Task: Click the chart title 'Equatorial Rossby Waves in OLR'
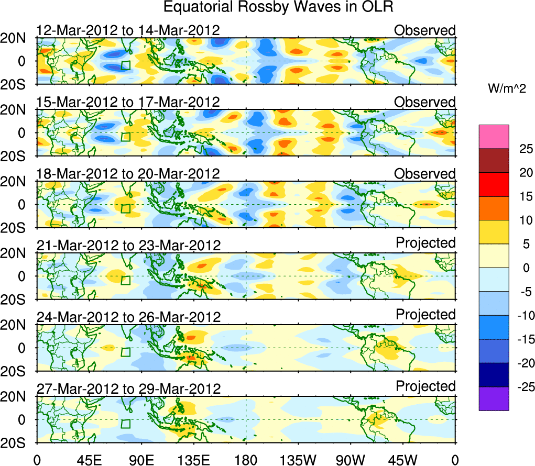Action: (x=278, y=8)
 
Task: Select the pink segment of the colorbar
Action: (x=494, y=137)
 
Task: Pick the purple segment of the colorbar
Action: (x=494, y=398)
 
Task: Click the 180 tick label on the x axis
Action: (x=246, y=460)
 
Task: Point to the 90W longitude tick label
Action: (x=351, y=460)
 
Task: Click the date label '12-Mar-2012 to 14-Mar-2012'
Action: (x=128, y=30)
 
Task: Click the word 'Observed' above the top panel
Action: (x=425, y=30)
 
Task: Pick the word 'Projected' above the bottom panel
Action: (x=425, y=386)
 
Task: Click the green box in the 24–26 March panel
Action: (x=125, y=352)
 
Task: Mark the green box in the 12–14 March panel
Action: (x=125, y=65)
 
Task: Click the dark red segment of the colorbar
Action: (x=494, y=161)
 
